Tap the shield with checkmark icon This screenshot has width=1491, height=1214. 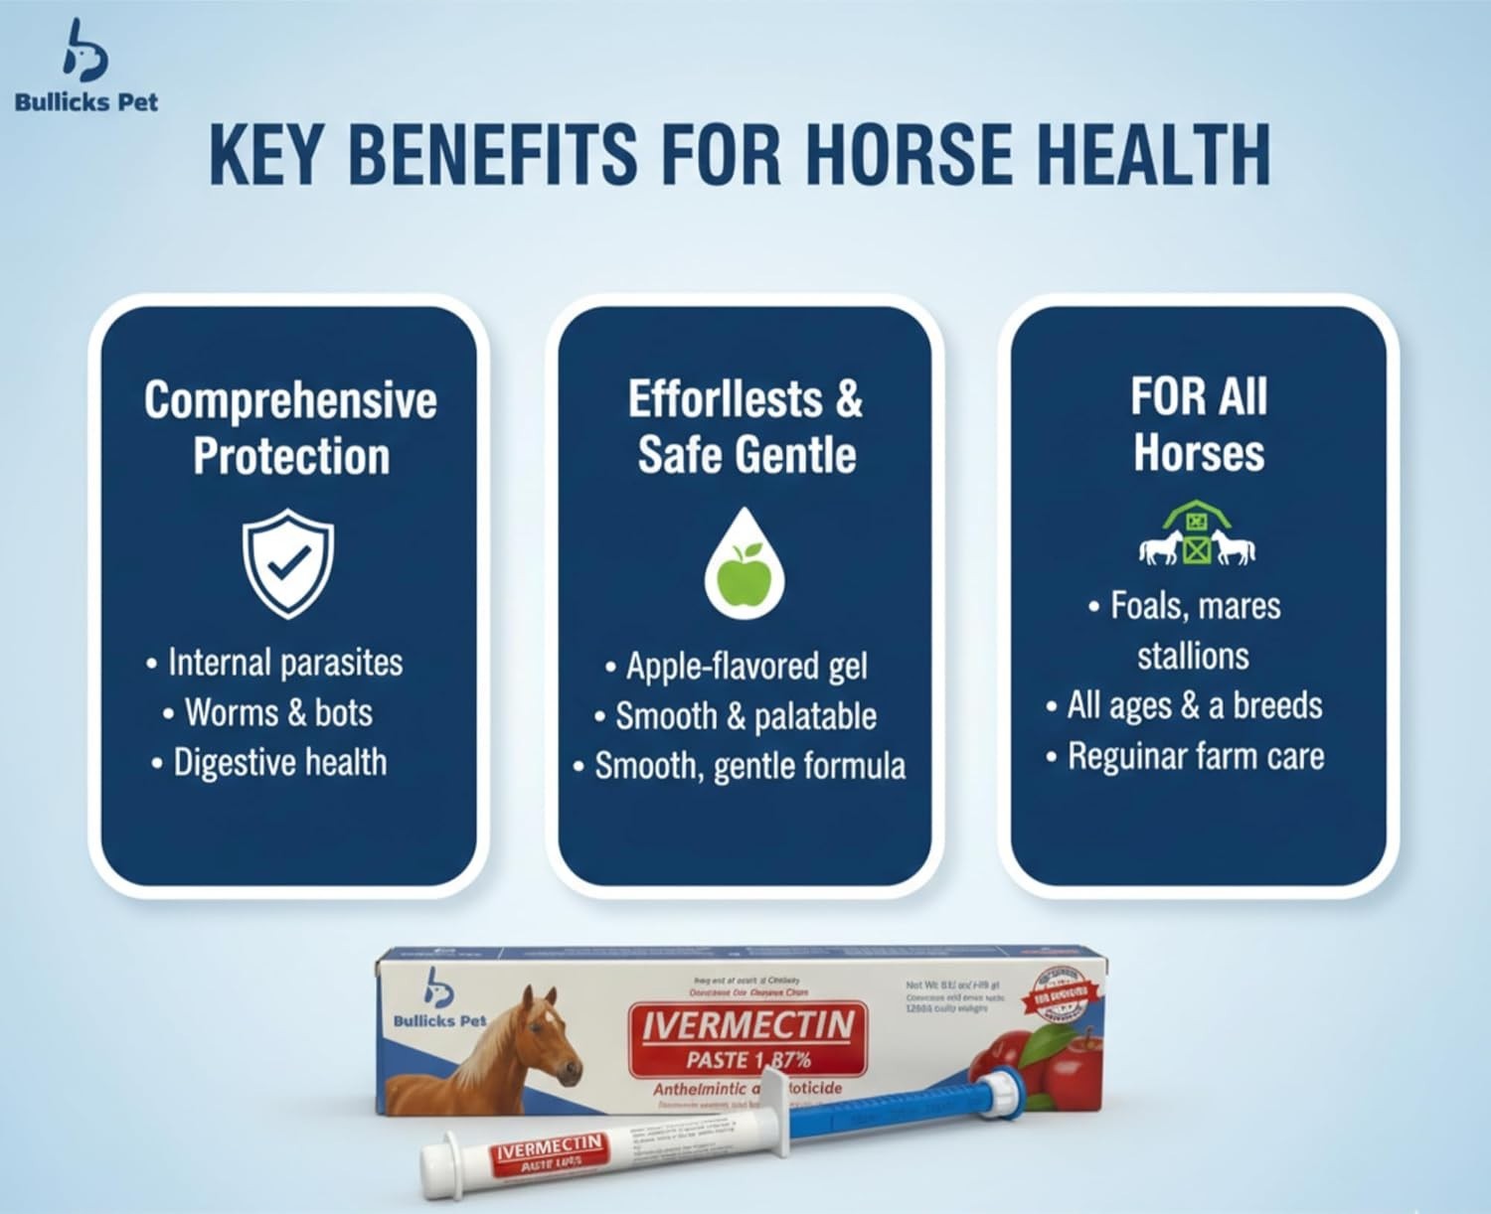[x=288, y=562]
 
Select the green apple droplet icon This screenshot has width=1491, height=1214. [x=745, y=563]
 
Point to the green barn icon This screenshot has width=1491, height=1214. [x=1197, y=533]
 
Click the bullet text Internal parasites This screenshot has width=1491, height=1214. [x=284, y=663]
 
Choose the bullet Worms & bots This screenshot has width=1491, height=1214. [x=278, y=712]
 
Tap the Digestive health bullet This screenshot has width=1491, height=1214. [x=279, y=763]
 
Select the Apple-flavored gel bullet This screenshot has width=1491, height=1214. [x=745, y=666]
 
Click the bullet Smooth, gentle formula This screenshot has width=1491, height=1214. [x=749, y=766]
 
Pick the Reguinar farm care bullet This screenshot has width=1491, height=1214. [x=1195, y=756]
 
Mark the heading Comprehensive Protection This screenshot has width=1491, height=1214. [x=290, y=427]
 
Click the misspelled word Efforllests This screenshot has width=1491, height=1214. [x=725, y=399]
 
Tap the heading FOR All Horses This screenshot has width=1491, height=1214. [x=1198, y=424]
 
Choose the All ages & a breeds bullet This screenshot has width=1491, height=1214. [x=1194, y=705]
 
